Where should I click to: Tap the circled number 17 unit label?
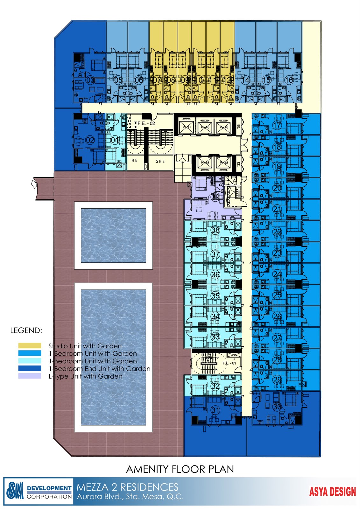tap(277, 125)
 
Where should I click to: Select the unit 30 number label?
tap(277, 406)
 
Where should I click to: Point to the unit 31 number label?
tap(215, 410)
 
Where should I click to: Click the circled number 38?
tap(215, 230)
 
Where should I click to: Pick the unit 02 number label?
tap(90, 140)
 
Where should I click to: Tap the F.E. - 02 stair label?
tap(146, 123)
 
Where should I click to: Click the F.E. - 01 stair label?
tap(229, 363)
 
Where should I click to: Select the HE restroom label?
tap(135, 160)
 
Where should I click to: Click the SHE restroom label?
tap(160, 161)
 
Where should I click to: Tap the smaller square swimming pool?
tap(113, 235)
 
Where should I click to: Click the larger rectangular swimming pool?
tap(113, 357)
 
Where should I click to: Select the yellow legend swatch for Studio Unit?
tap(30, 345)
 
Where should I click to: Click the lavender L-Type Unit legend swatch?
tap(30, 376)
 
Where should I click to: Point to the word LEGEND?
tap(26, 330)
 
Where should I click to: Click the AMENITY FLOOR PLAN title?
tap(180, 469)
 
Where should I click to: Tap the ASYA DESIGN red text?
tap(332, 492)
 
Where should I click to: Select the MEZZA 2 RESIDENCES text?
tap(127, 487)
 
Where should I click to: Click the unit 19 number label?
tap(277, 166)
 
